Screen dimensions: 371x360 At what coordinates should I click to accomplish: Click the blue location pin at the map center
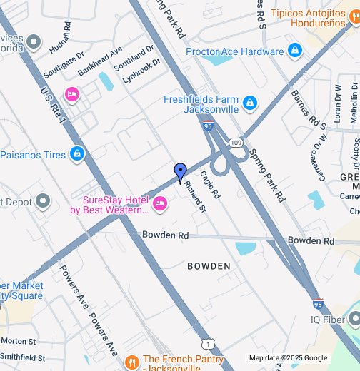[181, 172]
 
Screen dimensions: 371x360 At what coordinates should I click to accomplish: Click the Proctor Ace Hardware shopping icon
[294, 51]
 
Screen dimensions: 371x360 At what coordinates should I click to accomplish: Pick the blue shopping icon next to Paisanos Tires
[77, 154]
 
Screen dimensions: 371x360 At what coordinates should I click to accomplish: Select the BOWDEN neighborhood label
[209, 266]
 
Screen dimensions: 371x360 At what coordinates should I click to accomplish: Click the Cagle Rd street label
[210, 184]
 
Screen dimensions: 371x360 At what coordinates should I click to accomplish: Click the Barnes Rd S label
[309, 109]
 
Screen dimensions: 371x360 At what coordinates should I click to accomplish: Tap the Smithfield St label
[23, 357]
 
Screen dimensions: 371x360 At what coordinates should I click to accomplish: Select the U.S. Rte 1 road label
[54, 103]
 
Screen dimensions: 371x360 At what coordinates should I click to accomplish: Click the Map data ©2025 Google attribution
[288, 358]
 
